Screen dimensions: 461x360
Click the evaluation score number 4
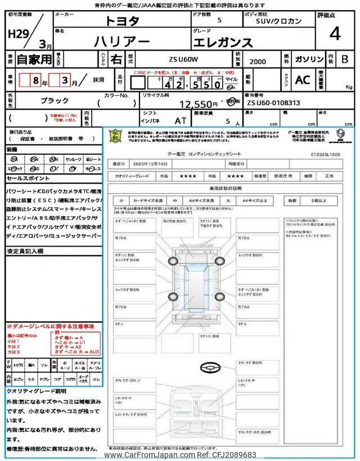pos(335,35)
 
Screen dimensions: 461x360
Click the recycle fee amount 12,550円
pos(197,104)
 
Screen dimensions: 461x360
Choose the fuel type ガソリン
pos(308,59)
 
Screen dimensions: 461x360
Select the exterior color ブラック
pos(55,100)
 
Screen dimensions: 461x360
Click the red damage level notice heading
pos(51,326)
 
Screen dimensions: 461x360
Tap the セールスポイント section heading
pos(28,178)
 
